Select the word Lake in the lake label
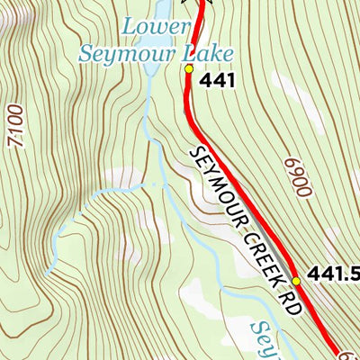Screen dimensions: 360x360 tap(202, 53)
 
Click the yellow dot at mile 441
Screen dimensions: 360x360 tap(188, 67)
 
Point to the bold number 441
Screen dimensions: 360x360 tap(219, 81)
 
